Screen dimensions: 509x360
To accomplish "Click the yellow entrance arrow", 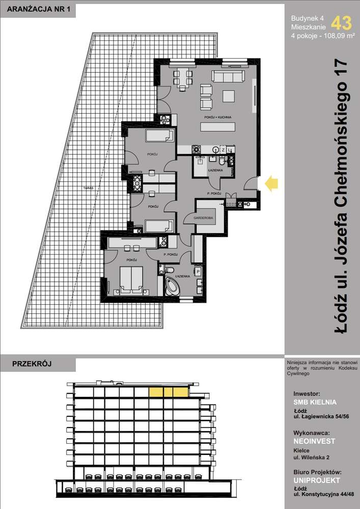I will pyautogui.click(x=272, y=184).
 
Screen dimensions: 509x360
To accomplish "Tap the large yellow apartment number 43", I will pyautogui.click(x=341, y=23).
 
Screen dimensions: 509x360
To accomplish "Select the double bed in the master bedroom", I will pyautogui.click(x=131, y=280).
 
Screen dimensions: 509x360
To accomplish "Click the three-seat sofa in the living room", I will pyautogui.click(x=228, y=77).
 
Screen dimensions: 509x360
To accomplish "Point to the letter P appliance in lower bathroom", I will pyautogui.click(x=198, y=272).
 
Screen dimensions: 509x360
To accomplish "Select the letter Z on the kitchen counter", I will pyautogui.click(x=223, y=150).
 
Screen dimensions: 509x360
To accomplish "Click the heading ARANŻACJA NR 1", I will pyautogui.click(x=36, y=9).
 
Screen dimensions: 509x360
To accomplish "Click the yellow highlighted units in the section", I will pyautogui.click(x=168, y=391).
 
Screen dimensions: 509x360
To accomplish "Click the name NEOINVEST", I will pyautogui.click(x=314, y=441).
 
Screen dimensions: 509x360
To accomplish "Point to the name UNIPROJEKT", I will pyautogui.click(x=316, y=480).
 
